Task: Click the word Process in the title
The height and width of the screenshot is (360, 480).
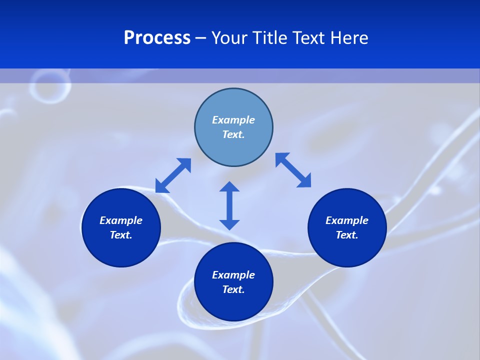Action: (157, 38)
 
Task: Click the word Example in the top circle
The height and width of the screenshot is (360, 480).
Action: (233, 120)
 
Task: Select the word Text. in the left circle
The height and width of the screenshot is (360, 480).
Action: (121, 235)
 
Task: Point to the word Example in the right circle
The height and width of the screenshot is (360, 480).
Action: (347, 220)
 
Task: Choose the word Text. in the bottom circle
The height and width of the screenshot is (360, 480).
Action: (233, 289)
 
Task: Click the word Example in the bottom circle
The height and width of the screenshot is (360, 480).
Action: (233, 275)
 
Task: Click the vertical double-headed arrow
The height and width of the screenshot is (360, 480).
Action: (229, 205)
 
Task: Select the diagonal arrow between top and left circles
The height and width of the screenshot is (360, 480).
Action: (173, 175)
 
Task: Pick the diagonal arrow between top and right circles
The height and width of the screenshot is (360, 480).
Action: (293, 170)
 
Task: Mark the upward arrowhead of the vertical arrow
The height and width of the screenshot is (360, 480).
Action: (229, 187)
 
